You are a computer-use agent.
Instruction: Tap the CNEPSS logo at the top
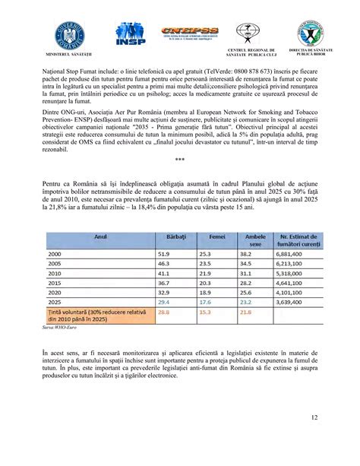coord(189,35)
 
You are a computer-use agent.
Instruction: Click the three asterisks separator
coord(179,159)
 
